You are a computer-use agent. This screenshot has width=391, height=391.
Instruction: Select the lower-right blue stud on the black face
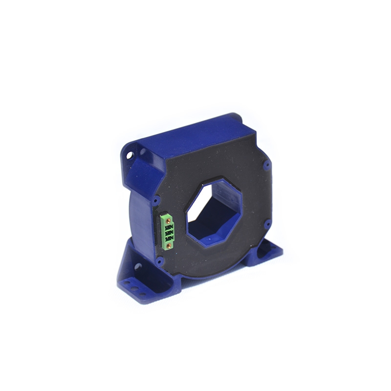pos(267,224)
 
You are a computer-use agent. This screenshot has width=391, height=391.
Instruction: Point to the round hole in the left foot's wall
pos(138,266)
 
